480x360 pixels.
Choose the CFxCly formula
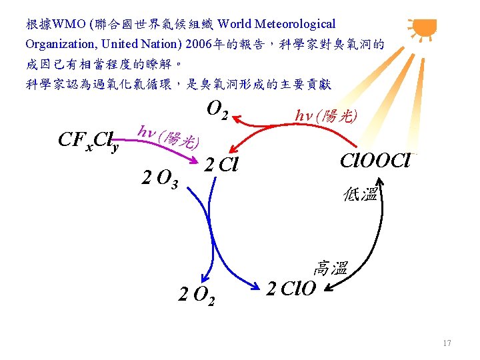tap(89, 141)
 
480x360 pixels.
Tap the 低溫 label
tap(361, 194)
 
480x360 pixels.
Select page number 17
tap(447, 343)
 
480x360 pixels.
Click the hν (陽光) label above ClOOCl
tap(326, 116)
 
